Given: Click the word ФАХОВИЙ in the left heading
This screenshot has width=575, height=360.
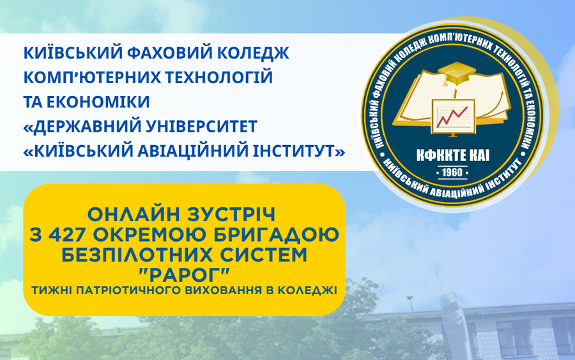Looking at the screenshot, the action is [168, 53].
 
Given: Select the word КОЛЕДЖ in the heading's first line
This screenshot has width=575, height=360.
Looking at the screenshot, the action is [252, 54].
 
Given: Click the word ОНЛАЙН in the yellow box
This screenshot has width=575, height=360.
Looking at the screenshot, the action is [134, 215].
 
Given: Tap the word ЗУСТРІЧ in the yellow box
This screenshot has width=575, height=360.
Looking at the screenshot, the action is [231, 215].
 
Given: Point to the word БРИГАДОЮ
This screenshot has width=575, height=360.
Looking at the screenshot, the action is [276, 235].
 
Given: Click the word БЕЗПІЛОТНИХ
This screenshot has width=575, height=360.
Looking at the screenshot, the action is [136, 254].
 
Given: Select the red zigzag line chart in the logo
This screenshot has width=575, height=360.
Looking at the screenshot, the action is [453, 116].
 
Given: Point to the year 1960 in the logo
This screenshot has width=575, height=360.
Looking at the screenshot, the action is [452, 172].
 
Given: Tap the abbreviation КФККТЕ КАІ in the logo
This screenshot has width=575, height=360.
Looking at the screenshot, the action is [453, 155].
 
